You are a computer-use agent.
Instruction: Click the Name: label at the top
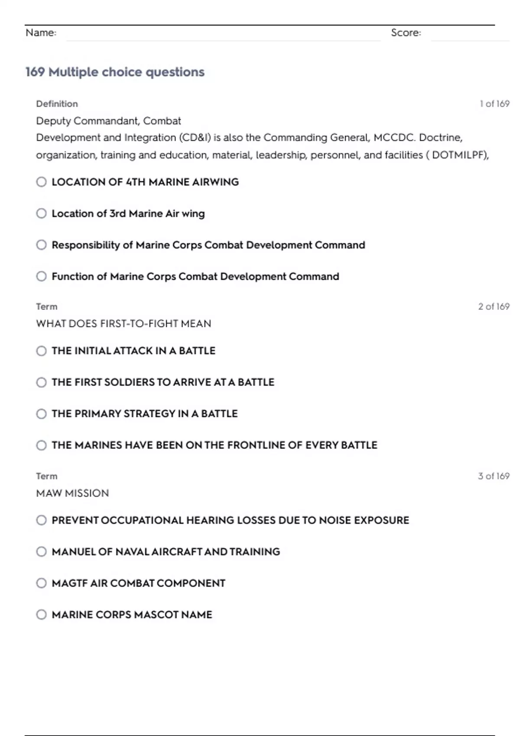41,33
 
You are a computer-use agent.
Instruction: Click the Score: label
406,33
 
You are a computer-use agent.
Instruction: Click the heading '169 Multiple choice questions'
115,72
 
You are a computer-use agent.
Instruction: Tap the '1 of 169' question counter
494,104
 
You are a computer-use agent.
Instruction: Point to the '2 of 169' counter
494,307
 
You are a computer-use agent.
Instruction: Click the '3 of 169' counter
494,476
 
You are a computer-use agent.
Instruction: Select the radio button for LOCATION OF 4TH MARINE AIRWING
42,182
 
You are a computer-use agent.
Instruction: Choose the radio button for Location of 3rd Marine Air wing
42,213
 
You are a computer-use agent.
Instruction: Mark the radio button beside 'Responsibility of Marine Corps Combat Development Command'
42,245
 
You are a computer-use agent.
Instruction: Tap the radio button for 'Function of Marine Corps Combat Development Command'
42,276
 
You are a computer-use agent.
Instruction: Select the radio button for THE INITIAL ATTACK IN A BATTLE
42,351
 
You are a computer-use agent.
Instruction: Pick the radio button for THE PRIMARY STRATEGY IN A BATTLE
42,414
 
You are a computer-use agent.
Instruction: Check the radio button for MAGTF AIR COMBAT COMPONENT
42,583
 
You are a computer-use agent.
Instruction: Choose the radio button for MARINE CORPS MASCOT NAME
42,615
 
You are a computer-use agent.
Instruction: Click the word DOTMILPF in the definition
459,155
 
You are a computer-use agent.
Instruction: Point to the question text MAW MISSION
72,493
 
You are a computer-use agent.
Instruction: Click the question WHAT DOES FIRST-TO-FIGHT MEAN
123,324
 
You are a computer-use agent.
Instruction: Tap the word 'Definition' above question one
57,104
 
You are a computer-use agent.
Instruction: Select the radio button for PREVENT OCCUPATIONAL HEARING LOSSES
42,520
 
